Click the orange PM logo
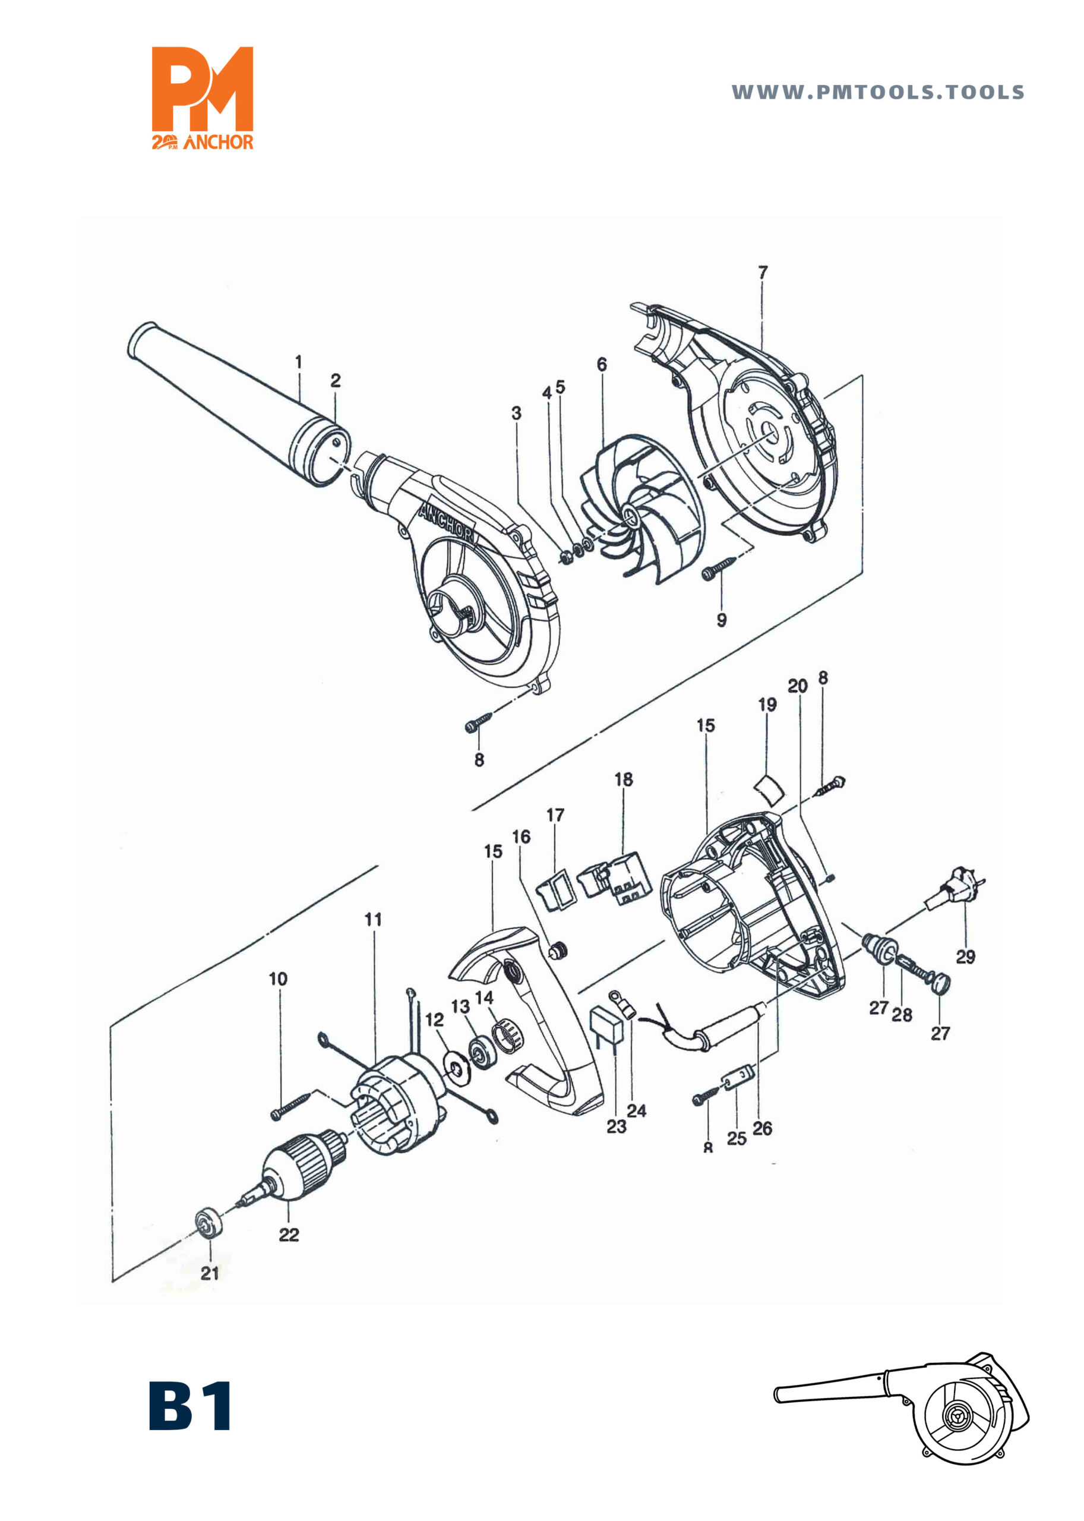[x=203, y=97]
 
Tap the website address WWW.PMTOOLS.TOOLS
[x=878, y=92]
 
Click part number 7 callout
[x=763, y=273]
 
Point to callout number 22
[x=289, y=1235]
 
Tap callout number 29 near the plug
[x=965, y=957]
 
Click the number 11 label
[x=373, y=919]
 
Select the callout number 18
[x=624, y=779]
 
